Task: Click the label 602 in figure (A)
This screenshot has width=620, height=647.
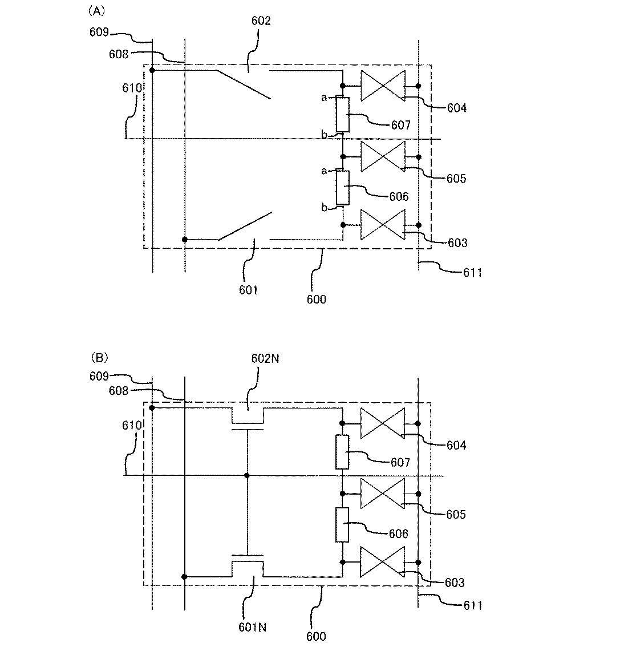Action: pyautogui.click(x=261, y=22)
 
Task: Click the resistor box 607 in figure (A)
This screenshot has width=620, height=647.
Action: pyautogui.click(x=342, y=114)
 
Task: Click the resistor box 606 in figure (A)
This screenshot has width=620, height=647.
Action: pyautogui.click(x=342, y=187)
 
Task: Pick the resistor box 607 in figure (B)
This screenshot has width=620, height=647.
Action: pyautogui.click(x=342, y=451)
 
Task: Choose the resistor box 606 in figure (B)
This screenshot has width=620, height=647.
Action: pyautogui.click(x=342, y=524)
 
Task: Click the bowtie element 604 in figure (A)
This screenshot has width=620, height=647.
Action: pyautogui.click(x=382, y=86)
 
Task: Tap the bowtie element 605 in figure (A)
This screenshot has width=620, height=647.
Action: pyautogui.click(x=382, y=156)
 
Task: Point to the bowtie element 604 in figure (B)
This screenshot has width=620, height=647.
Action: pyautogui.click(x=382, y=423)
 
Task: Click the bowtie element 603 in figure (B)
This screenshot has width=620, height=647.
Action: pyautogui.click(x=382, y=561)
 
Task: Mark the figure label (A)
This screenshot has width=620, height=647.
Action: pyautogui.click(x=95, y=10)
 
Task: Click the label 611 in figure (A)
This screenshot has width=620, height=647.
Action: pyautogui.click(x=472, y=273)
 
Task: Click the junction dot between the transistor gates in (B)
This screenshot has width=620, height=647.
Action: pyautogui.click(x=247, y=475)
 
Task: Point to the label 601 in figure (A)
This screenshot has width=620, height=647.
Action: pyautogui.click(x=249, y=290)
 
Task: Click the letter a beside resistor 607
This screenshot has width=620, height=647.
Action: pyautogui.click(x=324, y=98)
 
